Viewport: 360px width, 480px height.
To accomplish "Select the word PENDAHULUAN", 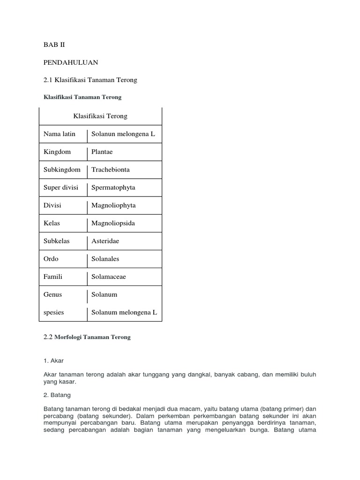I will [71, 62].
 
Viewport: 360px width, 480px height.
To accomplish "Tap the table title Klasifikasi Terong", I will [100, 116].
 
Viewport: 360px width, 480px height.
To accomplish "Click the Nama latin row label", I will [60, 134].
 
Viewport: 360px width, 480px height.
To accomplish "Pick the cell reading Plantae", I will [102, 152].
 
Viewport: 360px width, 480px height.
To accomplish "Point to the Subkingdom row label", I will [62, 170].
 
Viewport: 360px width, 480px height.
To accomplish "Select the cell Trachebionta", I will [111, 170].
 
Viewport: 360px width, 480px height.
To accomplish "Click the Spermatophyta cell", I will [113, 187].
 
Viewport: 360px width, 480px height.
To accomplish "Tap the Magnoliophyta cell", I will [113, 205].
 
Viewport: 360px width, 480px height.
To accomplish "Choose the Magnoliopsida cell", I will [113, 223].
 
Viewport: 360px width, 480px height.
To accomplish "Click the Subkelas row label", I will [57, 241].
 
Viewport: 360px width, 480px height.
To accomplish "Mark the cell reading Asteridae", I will [105, 241].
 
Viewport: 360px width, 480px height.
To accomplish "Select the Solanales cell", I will [105, 259].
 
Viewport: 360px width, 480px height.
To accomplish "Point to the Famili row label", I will [53, 277].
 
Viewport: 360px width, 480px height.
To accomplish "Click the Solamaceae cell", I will [108, 277].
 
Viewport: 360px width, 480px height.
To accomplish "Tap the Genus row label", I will [53, 294].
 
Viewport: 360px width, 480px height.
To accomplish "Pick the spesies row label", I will [54, 312].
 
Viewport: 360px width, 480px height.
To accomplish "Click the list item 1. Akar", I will [53, 361].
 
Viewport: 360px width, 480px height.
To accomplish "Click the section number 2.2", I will [48, 337].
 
